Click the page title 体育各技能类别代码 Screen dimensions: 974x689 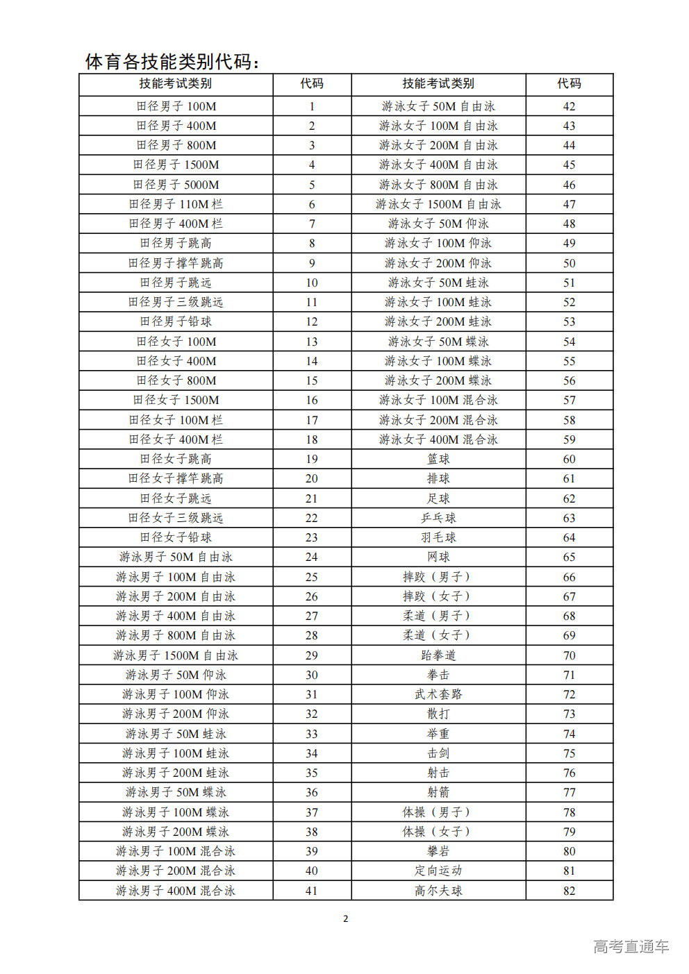click(172, 62)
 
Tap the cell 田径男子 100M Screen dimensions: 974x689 click(176, 106)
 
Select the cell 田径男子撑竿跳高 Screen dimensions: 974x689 click(176, 263)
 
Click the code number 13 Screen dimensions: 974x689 click(312, 342)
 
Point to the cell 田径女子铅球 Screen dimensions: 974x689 click(176, 537)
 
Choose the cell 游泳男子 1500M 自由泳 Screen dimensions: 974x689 click(176, 655)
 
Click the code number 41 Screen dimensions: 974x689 click(312, 891)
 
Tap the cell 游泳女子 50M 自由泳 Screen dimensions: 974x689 click(438, 106)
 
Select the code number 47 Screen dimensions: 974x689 click(570, 204)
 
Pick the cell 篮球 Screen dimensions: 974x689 click(438, 459)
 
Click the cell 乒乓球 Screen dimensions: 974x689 click(438, 518)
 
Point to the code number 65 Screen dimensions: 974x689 click(570, 557)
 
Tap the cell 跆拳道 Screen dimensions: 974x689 click(438, 655)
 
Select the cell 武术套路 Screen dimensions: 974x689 click(438, 694)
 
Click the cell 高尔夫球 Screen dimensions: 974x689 click(438, 891)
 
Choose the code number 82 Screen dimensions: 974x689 click(570, 891)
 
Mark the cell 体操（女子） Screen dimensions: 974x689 click(438, 832)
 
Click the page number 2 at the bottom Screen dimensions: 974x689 click(346, 918)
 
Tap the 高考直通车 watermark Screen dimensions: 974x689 click(631, 946)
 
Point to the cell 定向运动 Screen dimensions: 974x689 click(438, 871)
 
